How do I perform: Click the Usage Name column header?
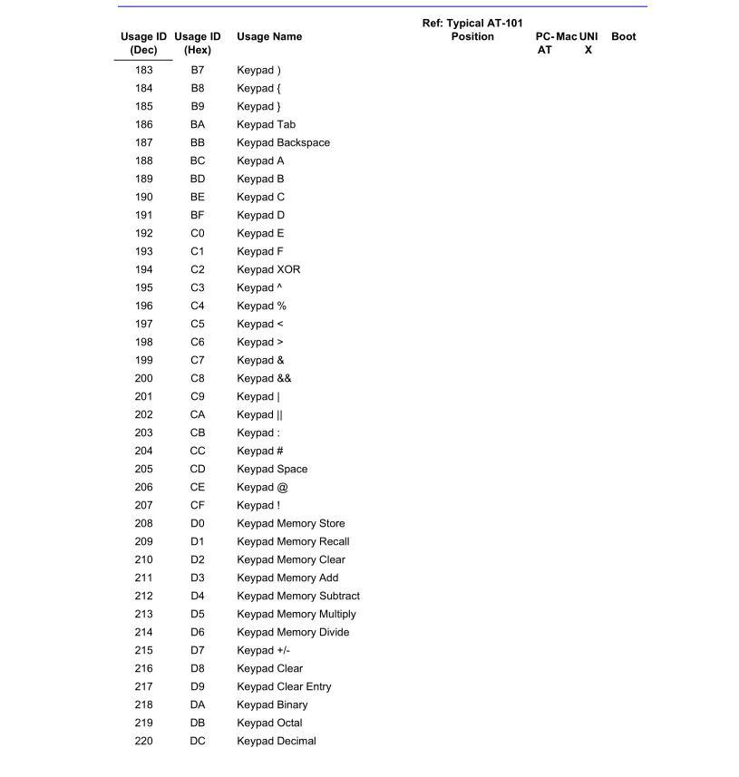pyautogui.click(x=269, y=37)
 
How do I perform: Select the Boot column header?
pyautogui.click(x=624, y=37)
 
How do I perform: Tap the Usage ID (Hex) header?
pyautogui.click(x=198, y=44)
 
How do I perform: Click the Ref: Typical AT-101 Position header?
pyautogui.click(x=472, y=30)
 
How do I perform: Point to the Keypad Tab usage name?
pyautogui.click(x=266, y=124)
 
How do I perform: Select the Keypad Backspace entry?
pyautogui.click(x=283, y=142)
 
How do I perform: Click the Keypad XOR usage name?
pyautogui.click(x=268, y=269)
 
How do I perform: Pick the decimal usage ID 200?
pyautogui.click(x=143, y=378)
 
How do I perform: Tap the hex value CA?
pyautogui.click(x=198, y=414)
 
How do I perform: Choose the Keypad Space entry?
pyautogui.click(x=272, y=469)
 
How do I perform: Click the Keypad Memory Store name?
pyautogui.click(x=290, y=523)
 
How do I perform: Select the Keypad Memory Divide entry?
pyautogui.click(x=293, y=632)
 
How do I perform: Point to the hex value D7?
pyautogui.click(x=198, y=650)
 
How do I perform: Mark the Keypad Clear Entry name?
pyautogui.click(x=284, y=686)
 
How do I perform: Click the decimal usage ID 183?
pyautogui.click(x=143, y=70)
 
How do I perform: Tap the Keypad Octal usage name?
pyautogui.click(x=269, y=723)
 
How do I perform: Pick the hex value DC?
pyautogui.click(x=198, y=741)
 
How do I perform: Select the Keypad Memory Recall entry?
pyautogui.click(x=293, y=541)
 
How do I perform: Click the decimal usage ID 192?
pyautogui.click(x=143, y=233)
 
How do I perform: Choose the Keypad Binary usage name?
pyautogui.click(x=272, y=704)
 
